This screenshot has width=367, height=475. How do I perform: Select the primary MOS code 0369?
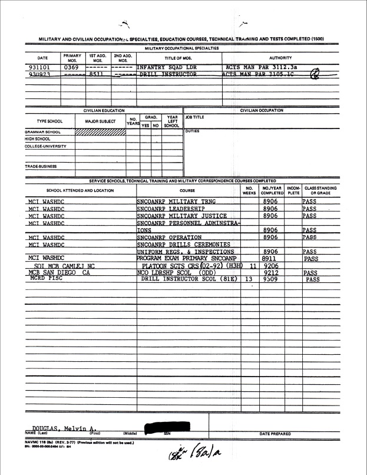pos(71,67)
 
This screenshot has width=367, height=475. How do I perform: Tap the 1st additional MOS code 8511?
pos(97,75)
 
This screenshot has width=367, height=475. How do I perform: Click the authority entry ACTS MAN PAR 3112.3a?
pos(261,67)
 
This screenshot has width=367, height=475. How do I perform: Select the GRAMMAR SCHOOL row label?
pos(44,131)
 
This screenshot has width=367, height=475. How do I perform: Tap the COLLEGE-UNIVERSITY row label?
pos(45,146)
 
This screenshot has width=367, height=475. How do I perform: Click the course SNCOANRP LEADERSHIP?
pos(170,208)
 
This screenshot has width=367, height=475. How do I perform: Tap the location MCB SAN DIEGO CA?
pos(57,272)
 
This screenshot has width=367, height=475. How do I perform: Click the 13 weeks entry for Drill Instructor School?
pos(248,279)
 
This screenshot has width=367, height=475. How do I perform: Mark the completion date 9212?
pos(272,272)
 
